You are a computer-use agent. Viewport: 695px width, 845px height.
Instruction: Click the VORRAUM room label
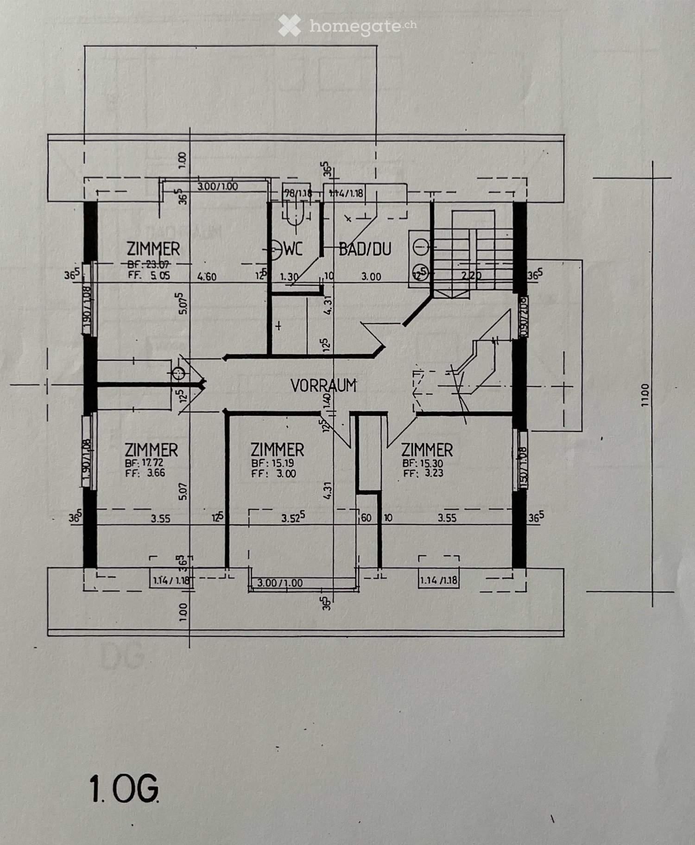tap(323, 386)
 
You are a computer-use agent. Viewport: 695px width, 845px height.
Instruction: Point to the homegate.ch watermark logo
tap(347, 26)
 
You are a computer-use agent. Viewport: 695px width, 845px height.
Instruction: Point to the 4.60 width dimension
tap(207, 277)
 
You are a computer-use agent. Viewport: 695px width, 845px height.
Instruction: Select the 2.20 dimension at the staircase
tap(471, 276)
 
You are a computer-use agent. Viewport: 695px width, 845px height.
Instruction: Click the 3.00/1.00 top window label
tap(217, 187)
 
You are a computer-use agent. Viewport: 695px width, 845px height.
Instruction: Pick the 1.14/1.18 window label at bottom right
tap(438, 580)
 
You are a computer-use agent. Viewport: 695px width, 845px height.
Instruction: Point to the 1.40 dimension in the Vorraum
tap(328, 403)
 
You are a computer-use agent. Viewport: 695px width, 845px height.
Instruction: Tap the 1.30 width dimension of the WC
tap(289, 277)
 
